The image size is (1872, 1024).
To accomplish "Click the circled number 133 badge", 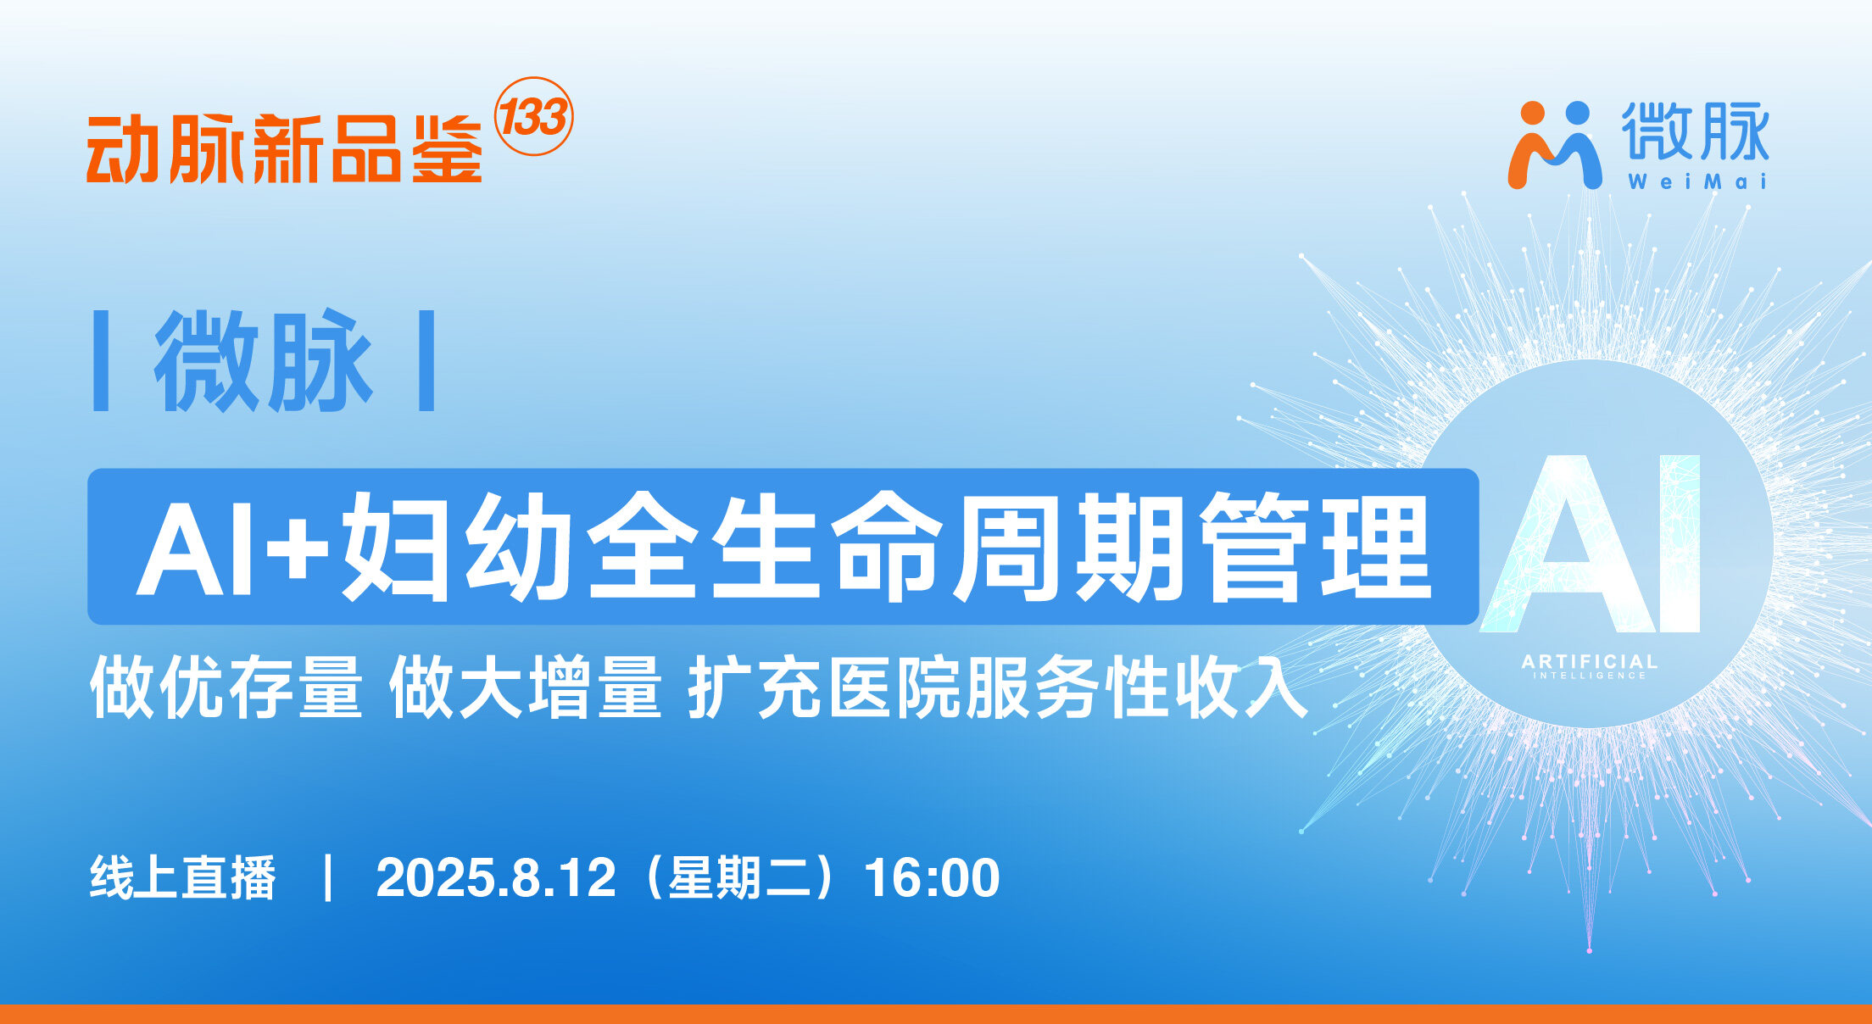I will (533, 117).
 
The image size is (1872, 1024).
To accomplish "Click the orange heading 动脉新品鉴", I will (284, 149).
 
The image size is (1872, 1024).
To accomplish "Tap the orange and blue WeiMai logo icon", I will (1554, 144).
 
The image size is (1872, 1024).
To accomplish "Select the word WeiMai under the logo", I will (1696, 181).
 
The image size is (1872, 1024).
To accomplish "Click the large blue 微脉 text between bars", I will (263, 361).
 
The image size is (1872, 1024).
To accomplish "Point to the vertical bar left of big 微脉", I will (101, 361).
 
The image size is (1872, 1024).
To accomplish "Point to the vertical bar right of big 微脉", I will (426, 361).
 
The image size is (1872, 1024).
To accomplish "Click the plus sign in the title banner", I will (297, 547).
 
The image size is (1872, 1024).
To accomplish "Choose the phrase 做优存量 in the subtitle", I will (226, 687).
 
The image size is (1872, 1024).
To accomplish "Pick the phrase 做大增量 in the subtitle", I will (525, 687).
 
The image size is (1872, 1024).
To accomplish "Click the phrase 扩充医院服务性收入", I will (997, 687).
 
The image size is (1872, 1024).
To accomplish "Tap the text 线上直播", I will (183, 877).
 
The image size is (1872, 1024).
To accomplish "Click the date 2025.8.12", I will (495, 878).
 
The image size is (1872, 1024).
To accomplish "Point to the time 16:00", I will (932, 878).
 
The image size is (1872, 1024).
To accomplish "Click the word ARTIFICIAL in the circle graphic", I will (1589, 661).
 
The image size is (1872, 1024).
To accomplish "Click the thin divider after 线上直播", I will (327, 877).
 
